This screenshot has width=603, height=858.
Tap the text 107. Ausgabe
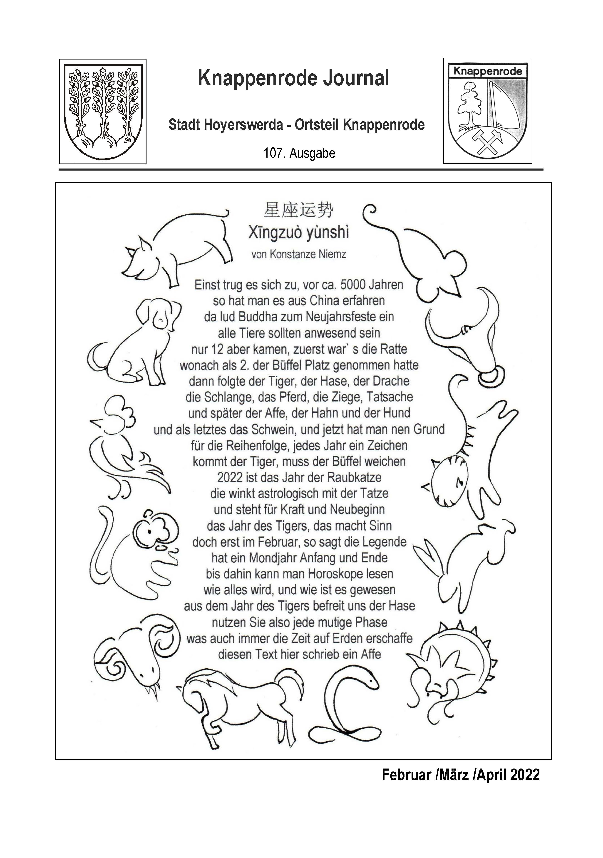click(299, 153)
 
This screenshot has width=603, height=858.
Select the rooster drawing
click(123, 449)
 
